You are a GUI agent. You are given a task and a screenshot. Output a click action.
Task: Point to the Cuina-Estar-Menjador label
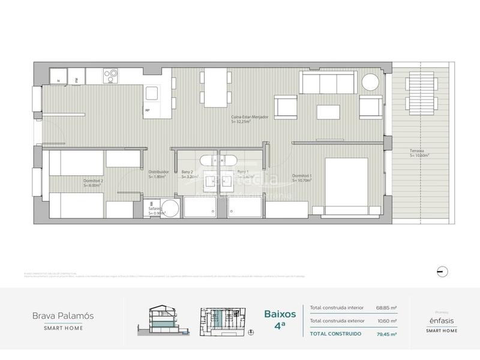250,119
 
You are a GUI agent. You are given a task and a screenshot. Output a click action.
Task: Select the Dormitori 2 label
94,182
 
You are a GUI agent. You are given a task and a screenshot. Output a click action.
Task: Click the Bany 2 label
190,174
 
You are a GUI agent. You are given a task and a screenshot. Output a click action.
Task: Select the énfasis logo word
443,322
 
